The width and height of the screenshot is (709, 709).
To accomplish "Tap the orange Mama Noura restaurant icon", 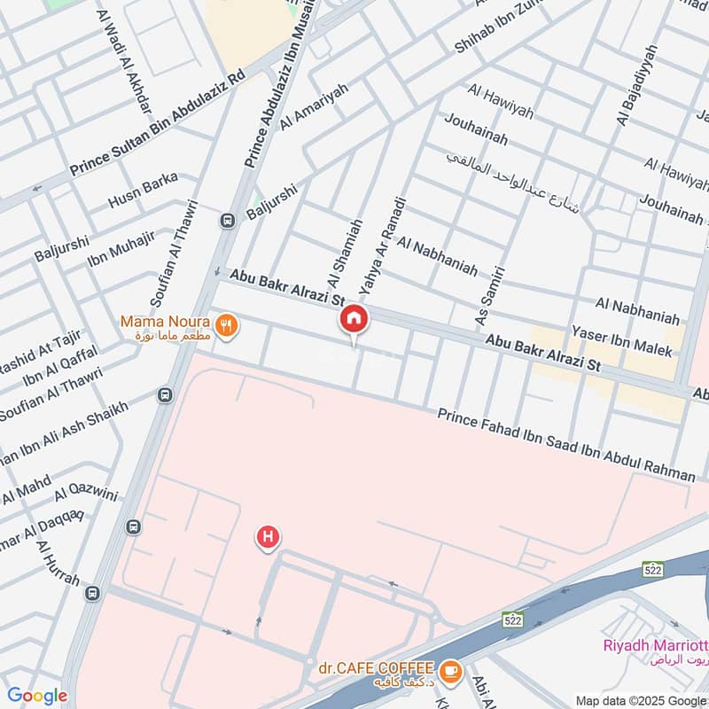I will tap(228, 327).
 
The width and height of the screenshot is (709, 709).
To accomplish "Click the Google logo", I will tap(36, 696).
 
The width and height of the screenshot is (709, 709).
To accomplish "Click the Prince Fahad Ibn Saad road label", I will tap(566, 446).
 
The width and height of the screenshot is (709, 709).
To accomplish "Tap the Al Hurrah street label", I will tap(58, 564).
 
